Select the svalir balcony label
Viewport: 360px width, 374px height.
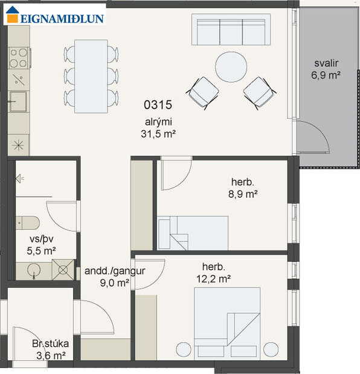click(x=327, y=64)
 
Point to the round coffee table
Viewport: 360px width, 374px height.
click(x=231, y=66)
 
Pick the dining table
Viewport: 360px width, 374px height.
click(x=91, y=76)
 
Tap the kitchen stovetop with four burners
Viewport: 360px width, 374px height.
click(x=19, y=58)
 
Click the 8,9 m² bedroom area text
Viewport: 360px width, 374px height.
click(x=244, y=194)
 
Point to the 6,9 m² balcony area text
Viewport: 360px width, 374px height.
click(x=327, y=76)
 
